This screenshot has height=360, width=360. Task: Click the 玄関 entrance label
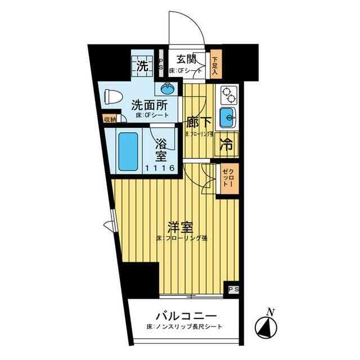point(186,58)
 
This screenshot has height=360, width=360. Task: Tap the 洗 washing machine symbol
point(143,65)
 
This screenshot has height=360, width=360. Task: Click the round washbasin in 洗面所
point(168,88)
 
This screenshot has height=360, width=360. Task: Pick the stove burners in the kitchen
point(228,94)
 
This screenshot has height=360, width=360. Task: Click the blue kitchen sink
point(228,118)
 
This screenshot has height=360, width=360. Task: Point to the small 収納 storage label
point(110,119)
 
